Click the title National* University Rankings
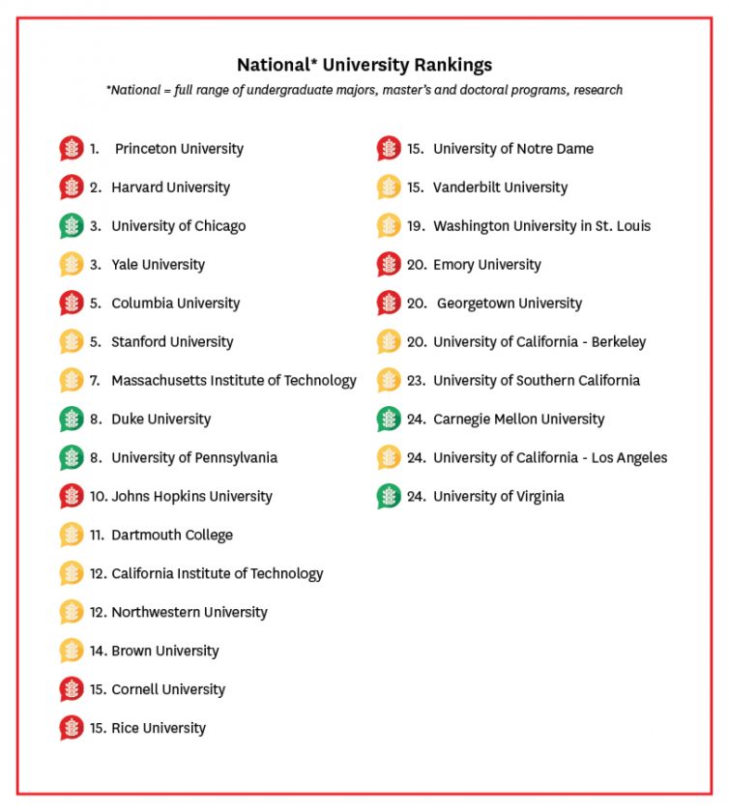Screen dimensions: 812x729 click(364, 65)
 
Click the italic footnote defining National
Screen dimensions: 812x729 click(364, 90)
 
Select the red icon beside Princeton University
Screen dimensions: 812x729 click(72, 149)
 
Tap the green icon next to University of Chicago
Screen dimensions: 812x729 click(72, 226)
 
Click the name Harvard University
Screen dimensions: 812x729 click(170, 188)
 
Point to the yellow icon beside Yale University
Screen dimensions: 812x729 click(72, 265)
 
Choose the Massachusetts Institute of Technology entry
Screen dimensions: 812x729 click(234, 381)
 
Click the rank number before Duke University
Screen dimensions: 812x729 click(96, 420)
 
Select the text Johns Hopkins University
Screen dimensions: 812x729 click(191, 497)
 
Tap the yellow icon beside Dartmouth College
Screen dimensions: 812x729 click(72, 536)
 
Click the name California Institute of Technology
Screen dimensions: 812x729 click(218, 574)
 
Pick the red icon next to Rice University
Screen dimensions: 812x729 click(72, 728)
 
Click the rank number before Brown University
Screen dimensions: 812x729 click(99, 652)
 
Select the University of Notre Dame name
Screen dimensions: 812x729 click(513, 149)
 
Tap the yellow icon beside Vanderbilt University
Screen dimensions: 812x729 click(389, 188)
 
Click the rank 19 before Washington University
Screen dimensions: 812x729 click(416, 226)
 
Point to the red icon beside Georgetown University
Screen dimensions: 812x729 click(389, 304)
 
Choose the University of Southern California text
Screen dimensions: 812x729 click(537, 381)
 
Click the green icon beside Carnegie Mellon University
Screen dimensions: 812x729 click(389, 420)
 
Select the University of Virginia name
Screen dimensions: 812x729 click(499, 497)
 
